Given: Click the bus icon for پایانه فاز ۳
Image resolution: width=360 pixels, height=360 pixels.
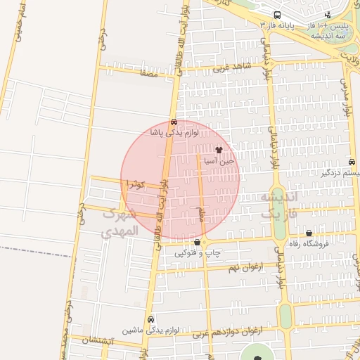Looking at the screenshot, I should click(x=278, y=15).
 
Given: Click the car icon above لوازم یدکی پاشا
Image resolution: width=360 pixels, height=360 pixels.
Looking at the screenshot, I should click(x=174, y=122).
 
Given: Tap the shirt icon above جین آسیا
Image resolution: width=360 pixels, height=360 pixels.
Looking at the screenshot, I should click(x=219, y=150).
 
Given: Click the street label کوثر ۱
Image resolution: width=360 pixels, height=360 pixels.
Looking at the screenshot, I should click(x=134, y=184).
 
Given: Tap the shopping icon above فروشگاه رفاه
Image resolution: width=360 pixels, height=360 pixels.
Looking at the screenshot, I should click(x=309, y=233).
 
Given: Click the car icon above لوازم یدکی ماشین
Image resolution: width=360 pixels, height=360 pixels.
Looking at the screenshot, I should click(x=150, y=318).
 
